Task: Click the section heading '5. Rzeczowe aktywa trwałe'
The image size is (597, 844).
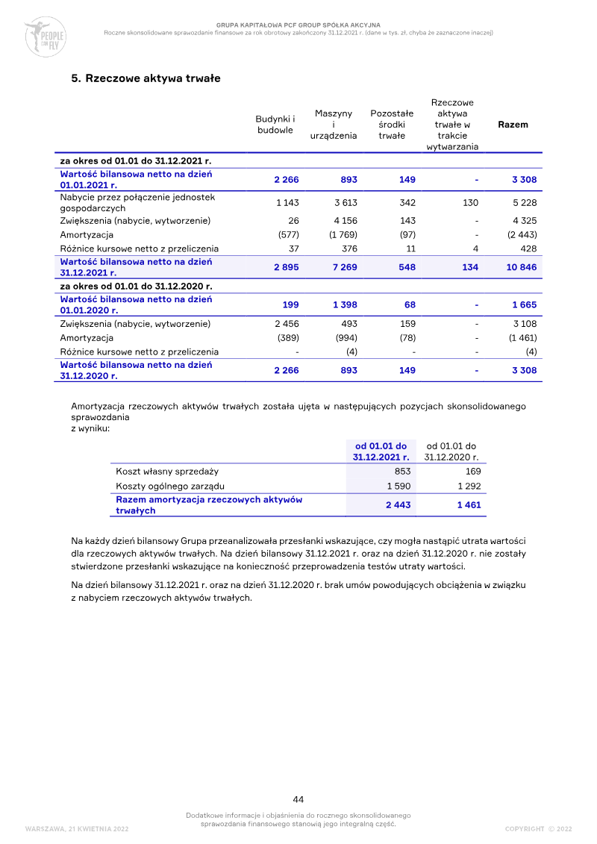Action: tap(146, 78)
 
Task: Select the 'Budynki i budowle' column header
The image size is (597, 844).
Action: tap(275, 125)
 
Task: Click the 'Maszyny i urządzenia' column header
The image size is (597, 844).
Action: tap(334, 125)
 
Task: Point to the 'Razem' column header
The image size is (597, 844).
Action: tap(513, 125)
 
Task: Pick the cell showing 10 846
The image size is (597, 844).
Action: tap(522, 267)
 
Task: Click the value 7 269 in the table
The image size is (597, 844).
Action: tap(344, 267)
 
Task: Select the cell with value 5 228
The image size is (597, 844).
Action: tap(525, 203)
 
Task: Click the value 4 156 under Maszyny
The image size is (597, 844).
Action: tap(345, 221)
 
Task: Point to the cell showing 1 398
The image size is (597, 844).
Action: tap(344, 304)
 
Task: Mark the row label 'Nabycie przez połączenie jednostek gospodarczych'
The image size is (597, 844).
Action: tap(137, 203)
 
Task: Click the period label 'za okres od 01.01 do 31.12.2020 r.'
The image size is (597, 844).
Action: tap(136, 286)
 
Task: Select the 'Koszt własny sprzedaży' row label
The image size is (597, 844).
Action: tap(167, 472)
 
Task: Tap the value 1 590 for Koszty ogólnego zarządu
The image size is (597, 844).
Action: tap(398, 487)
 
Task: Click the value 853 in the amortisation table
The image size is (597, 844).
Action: tap(402, 472)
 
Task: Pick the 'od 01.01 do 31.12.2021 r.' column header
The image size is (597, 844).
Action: tap(381, 451)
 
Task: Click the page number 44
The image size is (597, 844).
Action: tap(298, 799)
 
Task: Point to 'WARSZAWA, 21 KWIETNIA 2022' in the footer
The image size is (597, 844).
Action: tap(77, 829)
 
